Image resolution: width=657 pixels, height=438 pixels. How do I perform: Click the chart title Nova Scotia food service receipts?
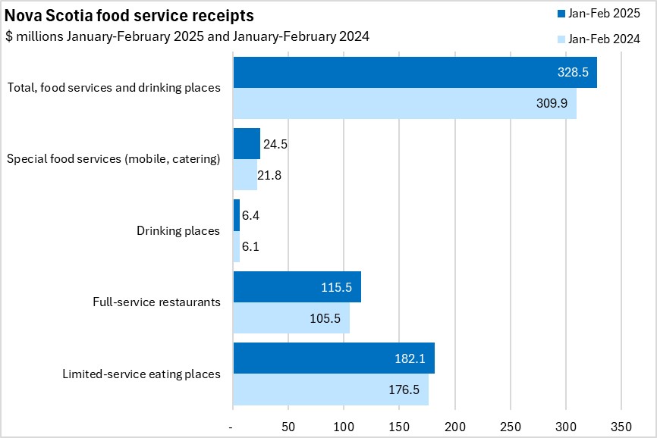pyautogui.click(x=130, y=16)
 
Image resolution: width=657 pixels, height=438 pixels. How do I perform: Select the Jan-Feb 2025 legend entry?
pyautogui.click(x=599, y=14)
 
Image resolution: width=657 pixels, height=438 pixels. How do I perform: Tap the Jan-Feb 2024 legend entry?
pyautogui.click(x=599, y=39)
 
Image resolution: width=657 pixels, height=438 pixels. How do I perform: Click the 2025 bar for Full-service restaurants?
pyautogui.click(x=297, y=286)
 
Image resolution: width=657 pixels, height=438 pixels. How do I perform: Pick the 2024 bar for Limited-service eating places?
pyautogui.click(x=331, y=390)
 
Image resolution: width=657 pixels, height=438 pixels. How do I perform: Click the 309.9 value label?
pyautogui.click(x=552, y=104)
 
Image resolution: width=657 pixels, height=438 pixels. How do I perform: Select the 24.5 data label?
pyautogui.click(x=274, y=143)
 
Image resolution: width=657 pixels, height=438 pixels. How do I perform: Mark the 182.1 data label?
pyautogui.click(x=410, y=358)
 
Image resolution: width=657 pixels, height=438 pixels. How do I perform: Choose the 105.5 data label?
pyautogui.click(x=325, y=318)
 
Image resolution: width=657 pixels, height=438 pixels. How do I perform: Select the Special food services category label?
pyautogui.click(x=113, y=159)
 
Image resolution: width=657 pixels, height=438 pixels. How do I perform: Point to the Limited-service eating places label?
pyautogui.click(x=141, y=374)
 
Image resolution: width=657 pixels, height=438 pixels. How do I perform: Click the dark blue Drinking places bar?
pyautogui.click(x=236, y=215)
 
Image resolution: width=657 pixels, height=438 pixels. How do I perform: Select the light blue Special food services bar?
pyautogui.click(x=245, y=175)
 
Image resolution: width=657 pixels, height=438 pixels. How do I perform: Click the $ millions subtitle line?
pyautogui.click(x=187, y=36)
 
